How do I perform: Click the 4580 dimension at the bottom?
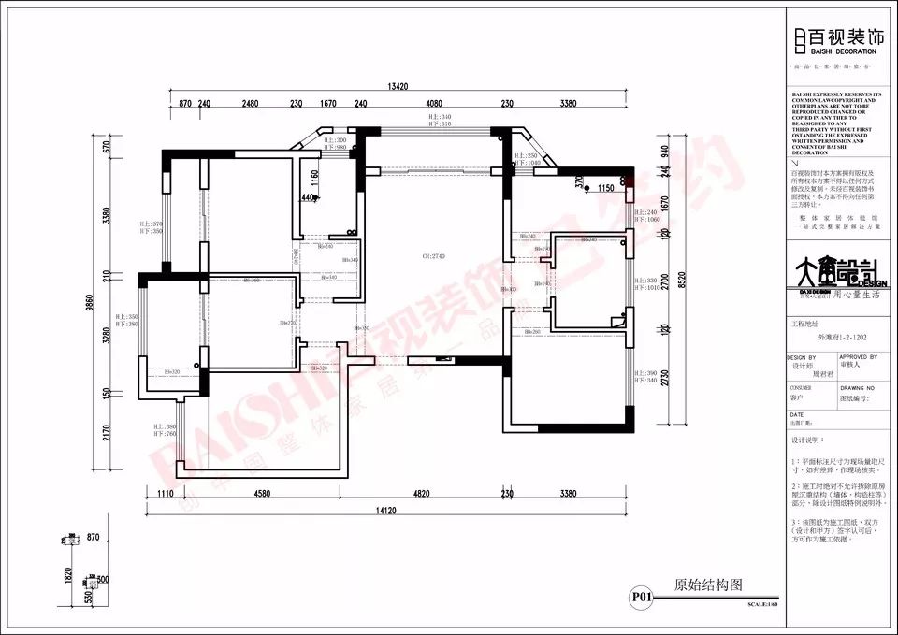click(x=261, y=494)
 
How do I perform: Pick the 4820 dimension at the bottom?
click(x=421, y=494)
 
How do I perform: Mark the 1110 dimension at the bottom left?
click(x=167, y=494)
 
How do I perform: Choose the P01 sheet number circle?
click(x=641, y=596)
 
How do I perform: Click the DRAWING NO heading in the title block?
click(x=858, y=386)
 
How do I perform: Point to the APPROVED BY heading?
click(x=859, y=356)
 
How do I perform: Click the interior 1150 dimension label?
click(x=606, y=187)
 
